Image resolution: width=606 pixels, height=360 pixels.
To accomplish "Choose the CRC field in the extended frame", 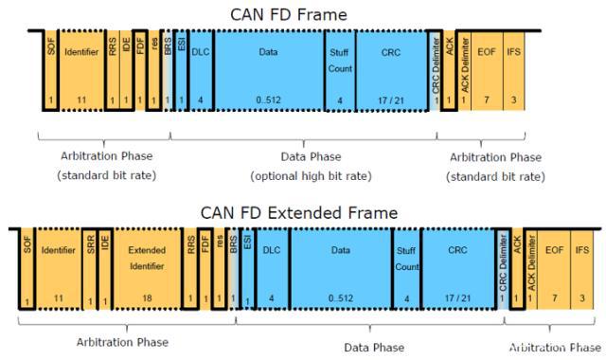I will [x=457, y=261].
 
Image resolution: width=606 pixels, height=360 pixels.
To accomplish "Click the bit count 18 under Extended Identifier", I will [x=146, y=298].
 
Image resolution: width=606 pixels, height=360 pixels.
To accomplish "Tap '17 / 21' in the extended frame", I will [x=457, y=298].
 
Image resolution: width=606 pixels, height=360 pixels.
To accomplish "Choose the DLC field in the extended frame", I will [x=269, y=261].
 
